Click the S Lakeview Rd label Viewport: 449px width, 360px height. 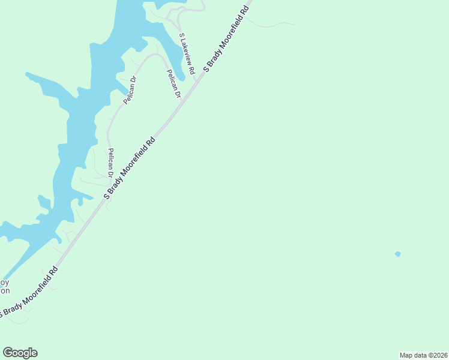(187, 54)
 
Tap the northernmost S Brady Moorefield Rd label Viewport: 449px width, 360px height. (226, 40)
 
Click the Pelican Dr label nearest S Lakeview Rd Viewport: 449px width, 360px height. (173, 83)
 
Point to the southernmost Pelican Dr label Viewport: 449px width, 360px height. (110, 163)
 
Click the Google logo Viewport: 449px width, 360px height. (20, 353)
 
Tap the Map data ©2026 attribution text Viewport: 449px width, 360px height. (423, 355)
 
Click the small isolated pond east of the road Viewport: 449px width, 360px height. (397, 254)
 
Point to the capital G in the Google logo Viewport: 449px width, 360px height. (8, 352)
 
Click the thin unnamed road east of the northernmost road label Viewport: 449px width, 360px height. (273, 26)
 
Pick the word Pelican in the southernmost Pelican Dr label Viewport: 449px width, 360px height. (110, 160)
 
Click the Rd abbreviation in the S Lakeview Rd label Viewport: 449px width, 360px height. (192, 70)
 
